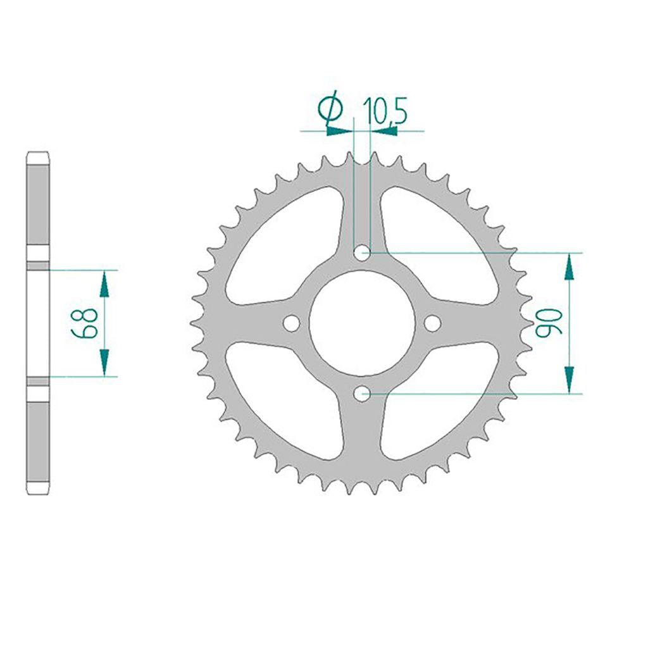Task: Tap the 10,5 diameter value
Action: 385,111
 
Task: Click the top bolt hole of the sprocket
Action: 363,253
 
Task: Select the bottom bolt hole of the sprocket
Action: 363,394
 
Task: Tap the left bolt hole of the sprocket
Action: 292,323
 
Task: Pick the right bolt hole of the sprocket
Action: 433,323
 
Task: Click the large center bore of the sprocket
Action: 363,323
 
